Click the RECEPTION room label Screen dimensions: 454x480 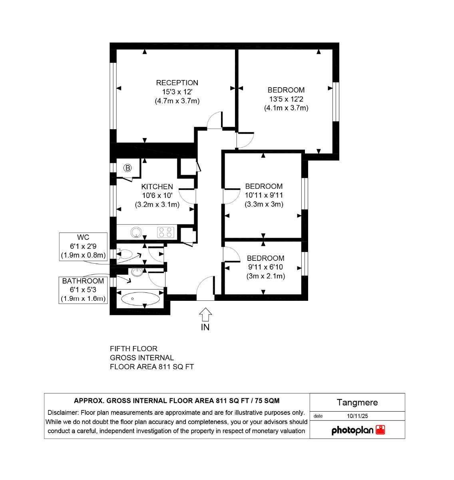(177, 83)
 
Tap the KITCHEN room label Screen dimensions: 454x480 (157, 186)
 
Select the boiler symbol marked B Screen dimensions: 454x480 (127, 168)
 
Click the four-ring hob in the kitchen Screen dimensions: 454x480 (165, 232)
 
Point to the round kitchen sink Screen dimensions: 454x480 (136, 232)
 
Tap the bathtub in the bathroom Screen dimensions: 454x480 (141, 298)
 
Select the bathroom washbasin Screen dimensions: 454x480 (137, 272)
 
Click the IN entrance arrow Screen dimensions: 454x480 (205, 314)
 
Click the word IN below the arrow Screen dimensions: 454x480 (205, 327)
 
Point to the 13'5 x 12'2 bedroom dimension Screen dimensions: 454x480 (286, 99)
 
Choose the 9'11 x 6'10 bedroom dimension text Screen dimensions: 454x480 (266, 267)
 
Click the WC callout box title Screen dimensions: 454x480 (83, 237)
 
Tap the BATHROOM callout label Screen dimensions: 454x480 (83, 281)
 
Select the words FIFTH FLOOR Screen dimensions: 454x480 (134, 348)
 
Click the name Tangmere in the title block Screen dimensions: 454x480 (357, 402)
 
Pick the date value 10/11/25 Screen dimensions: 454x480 (357, 416)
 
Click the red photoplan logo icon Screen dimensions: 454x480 (380, 430)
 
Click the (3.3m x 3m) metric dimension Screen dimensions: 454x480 (264, 204)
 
